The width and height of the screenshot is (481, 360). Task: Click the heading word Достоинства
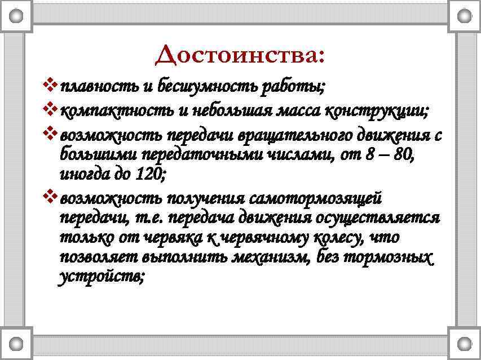click(x=240, y=55)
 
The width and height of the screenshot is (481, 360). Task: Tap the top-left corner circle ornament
click(x=17, y=16)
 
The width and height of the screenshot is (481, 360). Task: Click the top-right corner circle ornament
click(x=464, y=16)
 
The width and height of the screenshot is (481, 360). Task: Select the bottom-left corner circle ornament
click(x=17, y=343)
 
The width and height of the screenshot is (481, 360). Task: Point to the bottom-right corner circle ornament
click(x=464, y=343)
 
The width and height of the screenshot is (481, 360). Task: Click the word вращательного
click(x=293, y=137)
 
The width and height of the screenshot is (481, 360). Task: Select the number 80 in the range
click(x=401, y=156)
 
